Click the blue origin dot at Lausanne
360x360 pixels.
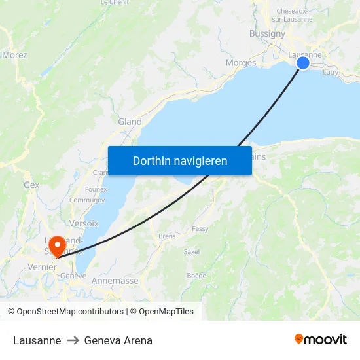(303, 63)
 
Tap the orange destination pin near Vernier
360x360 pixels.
(58, 246)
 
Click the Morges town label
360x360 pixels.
(240, 63)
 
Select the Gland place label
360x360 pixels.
(130, 122)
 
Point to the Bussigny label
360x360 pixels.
(267, 34)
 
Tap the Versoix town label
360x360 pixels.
(84, 223)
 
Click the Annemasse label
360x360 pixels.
(115, 281)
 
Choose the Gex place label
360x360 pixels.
(31, 185)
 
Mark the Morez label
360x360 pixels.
(14, 55)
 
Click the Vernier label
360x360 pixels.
(43, 267)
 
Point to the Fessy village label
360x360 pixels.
(200, 229)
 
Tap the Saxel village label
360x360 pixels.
(192, 251)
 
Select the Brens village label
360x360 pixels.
(167, 236)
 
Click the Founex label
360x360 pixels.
(96, 189)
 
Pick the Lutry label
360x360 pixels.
(331, 73)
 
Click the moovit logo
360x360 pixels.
(321, 340)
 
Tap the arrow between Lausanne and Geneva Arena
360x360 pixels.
(73, 340)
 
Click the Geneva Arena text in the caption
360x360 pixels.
(118, 340)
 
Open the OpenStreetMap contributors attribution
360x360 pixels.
(70, 312)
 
